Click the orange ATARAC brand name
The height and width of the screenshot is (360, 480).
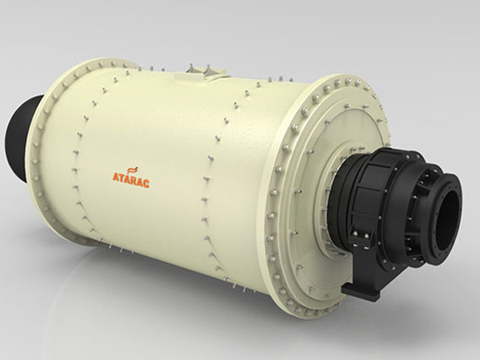pyautogui.click(x=131, y=180)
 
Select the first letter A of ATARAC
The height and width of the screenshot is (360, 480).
pyautogui.click(x=115, y=177)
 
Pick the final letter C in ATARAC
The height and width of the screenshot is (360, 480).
pyautogui.click(x=146, y=183)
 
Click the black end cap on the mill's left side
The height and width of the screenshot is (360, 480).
pyautogui.click(x=20, y=138)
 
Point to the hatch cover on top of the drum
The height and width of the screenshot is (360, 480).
pyautogui.click(x=199, y=74)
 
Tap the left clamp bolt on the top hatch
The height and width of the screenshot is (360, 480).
pyautogui.click(x=190, y=69)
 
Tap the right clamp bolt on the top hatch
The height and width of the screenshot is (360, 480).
pyautogui.click(x=209, y=70)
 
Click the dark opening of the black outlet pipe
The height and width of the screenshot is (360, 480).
pyautogui.click(x=450, y=221)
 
